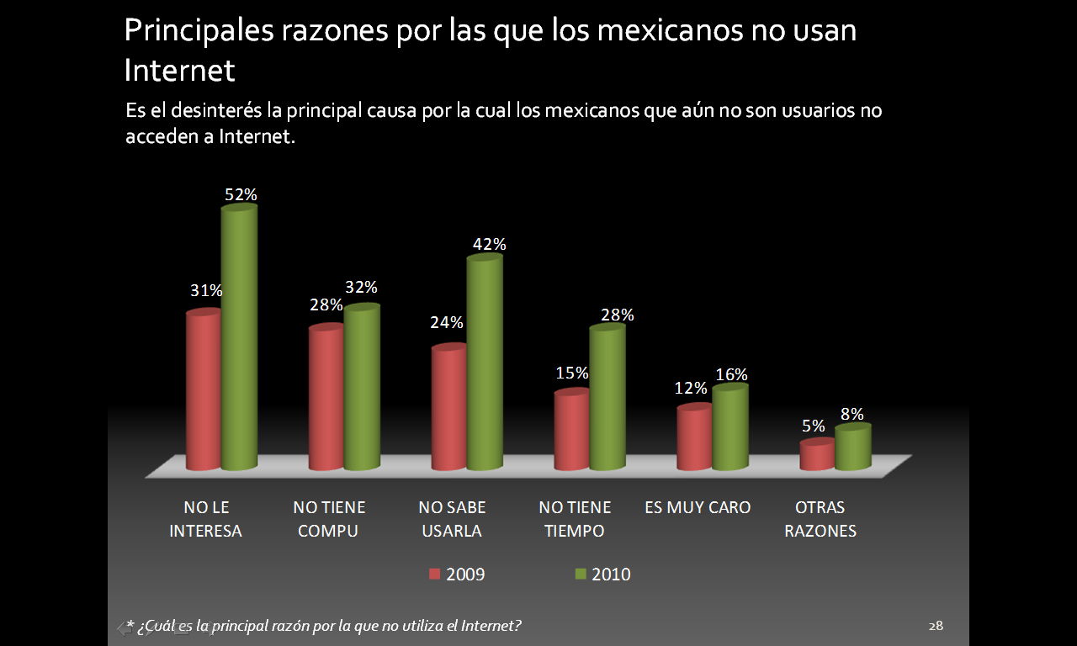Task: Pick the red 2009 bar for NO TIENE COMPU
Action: tap(326, 398)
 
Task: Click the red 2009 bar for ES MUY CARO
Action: tap(695, 438)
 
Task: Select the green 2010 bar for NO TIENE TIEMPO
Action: tap(607, 398)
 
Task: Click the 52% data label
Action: tap(241, 194)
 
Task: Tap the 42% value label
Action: tap(489, 244)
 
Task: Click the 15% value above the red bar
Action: tap(571, 372)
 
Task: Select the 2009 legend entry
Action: tap(457, 575)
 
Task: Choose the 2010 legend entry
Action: tap(602, 575)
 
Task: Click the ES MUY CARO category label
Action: tap(698, 507)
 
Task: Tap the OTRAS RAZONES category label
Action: tap(820, 519)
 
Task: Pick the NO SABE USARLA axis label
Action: tap(453, 519)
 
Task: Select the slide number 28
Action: tap(936, 626)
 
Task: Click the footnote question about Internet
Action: tap(324, 626)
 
